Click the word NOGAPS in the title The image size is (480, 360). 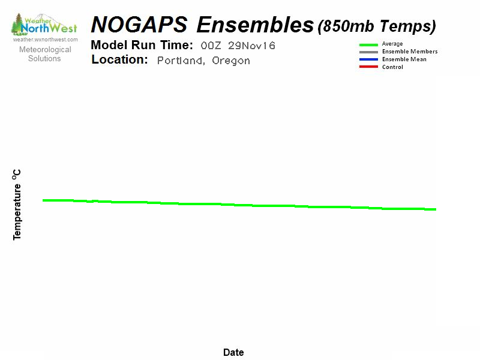(x=139, y=25)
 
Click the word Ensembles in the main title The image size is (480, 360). (x=255, y=25)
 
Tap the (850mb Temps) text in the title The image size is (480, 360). (x=377, y=26)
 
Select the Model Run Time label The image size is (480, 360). (x=142, y=46)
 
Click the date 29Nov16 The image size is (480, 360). (x=251, y=46)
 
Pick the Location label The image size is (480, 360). (x=119, y=59)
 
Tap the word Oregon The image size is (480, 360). (x=231, y=61)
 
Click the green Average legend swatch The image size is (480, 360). (x=368, y=44)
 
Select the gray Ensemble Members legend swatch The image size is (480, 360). (x=368, y=52)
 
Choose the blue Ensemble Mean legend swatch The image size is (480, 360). (x=368, y=59)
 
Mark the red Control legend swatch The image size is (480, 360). (x=368, y=67)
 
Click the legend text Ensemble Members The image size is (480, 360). (x=410, y=52)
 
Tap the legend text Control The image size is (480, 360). (x=392, y=67)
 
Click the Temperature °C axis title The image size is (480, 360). (x=17, y=205)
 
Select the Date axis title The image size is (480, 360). (x=233, y=352)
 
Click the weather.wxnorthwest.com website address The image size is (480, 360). (x=46, y=40)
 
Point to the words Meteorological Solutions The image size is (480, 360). (x=45, y=54)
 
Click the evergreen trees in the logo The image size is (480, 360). (x=18, y=24)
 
